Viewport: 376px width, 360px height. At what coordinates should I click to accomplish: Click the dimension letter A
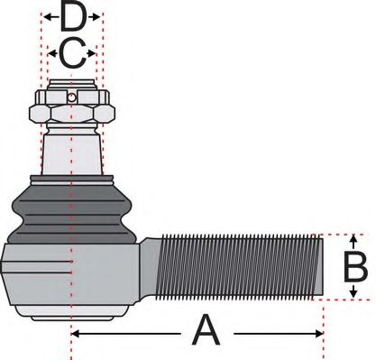click(x=206, y=332)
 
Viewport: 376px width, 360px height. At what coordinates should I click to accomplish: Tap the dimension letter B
click(x=355, y=268)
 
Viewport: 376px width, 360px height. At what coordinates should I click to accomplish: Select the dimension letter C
click(x=72, y=53)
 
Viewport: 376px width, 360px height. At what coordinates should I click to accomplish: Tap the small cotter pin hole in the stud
click(x=72, y=97)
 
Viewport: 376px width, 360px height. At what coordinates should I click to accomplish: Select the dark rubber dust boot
click(x=72, y=208)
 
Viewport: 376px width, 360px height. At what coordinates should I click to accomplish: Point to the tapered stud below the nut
click(x=72, y=149)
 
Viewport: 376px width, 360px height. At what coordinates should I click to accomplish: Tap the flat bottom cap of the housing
click(x=72, y=315)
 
